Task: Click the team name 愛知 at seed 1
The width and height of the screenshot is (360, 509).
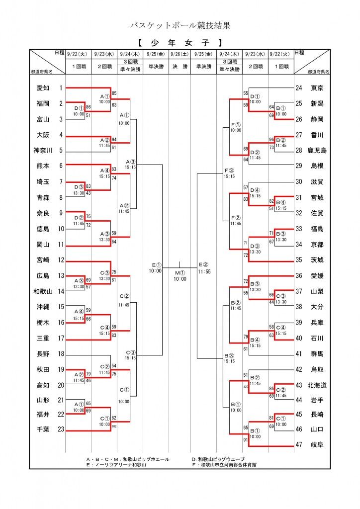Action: tap(43, 88)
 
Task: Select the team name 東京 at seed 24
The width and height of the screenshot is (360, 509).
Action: tap(317, 88)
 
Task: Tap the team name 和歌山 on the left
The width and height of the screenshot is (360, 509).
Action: tap(43, 291)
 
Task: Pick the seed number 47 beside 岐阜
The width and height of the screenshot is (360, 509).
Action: tap(299, 445)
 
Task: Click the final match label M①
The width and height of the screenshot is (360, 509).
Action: tap(180, 272)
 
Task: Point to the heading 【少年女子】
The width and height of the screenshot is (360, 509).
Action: tap(180, 43)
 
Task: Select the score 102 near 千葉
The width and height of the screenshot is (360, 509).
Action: tap(114, 426)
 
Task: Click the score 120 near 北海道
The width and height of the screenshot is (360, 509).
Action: tap(246, 386)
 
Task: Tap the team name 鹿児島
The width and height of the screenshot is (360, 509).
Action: tap(317, 151)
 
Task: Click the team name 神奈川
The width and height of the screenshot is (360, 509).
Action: tap(43, 151)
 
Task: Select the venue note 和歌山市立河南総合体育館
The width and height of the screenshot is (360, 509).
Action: tap(226, 465)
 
